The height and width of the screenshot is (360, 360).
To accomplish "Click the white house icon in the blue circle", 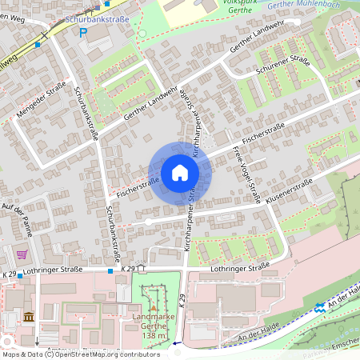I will [179, 173].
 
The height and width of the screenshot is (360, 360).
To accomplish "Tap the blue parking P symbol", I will [83, 32].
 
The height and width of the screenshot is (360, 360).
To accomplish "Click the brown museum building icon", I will [29, 317].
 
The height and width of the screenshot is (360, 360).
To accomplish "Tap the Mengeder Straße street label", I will [40, 101].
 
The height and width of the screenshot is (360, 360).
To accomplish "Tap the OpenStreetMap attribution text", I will [80, 354].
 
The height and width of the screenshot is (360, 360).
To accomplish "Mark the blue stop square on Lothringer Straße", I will [110, 271].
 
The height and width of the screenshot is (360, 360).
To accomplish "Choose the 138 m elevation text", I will [154, 336].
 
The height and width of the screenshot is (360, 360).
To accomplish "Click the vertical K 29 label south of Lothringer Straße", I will [182, 302].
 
